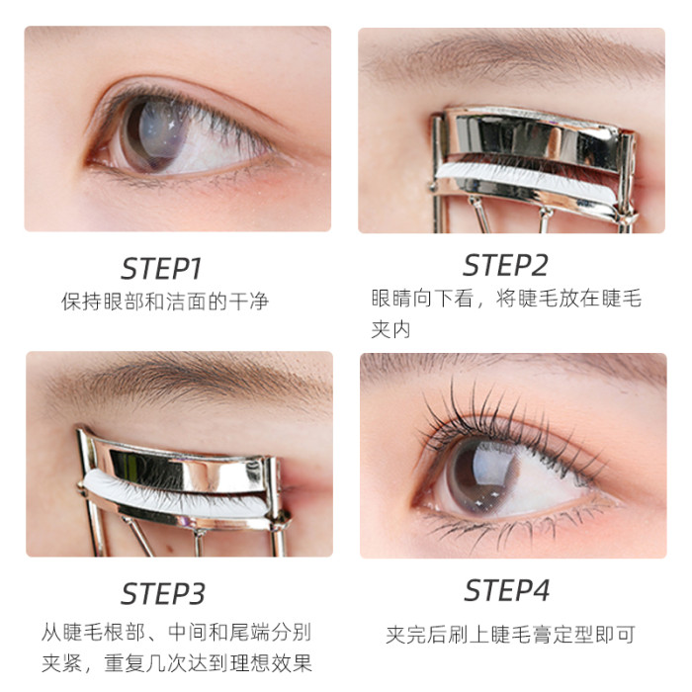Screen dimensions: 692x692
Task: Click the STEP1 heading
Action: pos(161,269)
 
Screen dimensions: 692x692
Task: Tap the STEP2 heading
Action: pos(505,265)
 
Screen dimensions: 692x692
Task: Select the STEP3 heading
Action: pos(163,594)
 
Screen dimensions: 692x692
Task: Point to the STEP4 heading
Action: pos(506,590)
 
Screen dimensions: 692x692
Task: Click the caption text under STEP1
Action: pos(165,302)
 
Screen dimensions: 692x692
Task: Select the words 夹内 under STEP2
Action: pos(390,329)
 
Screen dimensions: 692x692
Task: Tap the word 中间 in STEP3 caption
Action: pos(188,632)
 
